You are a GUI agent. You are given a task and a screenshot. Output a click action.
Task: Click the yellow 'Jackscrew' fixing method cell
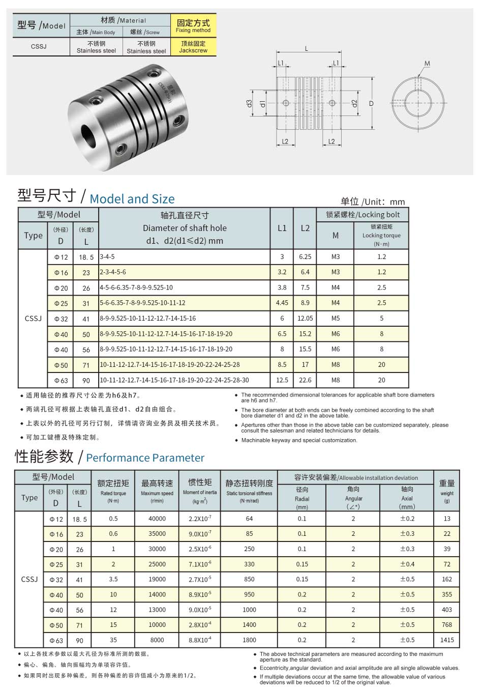click(193, 47)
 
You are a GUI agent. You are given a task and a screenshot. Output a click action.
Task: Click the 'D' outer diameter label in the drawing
click(371, 103)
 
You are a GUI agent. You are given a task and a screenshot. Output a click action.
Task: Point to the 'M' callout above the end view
click(427, 64)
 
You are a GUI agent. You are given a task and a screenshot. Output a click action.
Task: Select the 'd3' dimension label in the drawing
click(249, 103)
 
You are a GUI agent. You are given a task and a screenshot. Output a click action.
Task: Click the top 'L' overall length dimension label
click(307, 49)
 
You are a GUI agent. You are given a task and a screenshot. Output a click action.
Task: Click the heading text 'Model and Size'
click(132, 199)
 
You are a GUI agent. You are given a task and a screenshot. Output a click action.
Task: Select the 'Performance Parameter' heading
click(145, 457)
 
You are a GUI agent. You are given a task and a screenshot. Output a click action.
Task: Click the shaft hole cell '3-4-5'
click(107, 257)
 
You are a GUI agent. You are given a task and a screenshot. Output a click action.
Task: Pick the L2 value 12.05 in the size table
click(305, 319)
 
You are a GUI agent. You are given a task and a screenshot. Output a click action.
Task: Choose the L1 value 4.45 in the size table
click(282, 303)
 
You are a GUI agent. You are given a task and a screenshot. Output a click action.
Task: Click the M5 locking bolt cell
click(336, 319)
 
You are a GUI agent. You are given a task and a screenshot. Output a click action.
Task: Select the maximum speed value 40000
click(157, 519)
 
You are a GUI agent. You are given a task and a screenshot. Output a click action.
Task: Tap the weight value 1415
click(447, 640)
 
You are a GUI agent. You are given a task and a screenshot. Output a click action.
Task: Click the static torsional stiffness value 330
click(249, 564)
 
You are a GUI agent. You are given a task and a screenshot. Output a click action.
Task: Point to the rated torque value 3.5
click(113, 580)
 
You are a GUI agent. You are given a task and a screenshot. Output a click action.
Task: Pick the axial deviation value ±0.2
click(407, 519)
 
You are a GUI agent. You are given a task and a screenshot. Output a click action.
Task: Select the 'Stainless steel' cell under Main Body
click(96, 47)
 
